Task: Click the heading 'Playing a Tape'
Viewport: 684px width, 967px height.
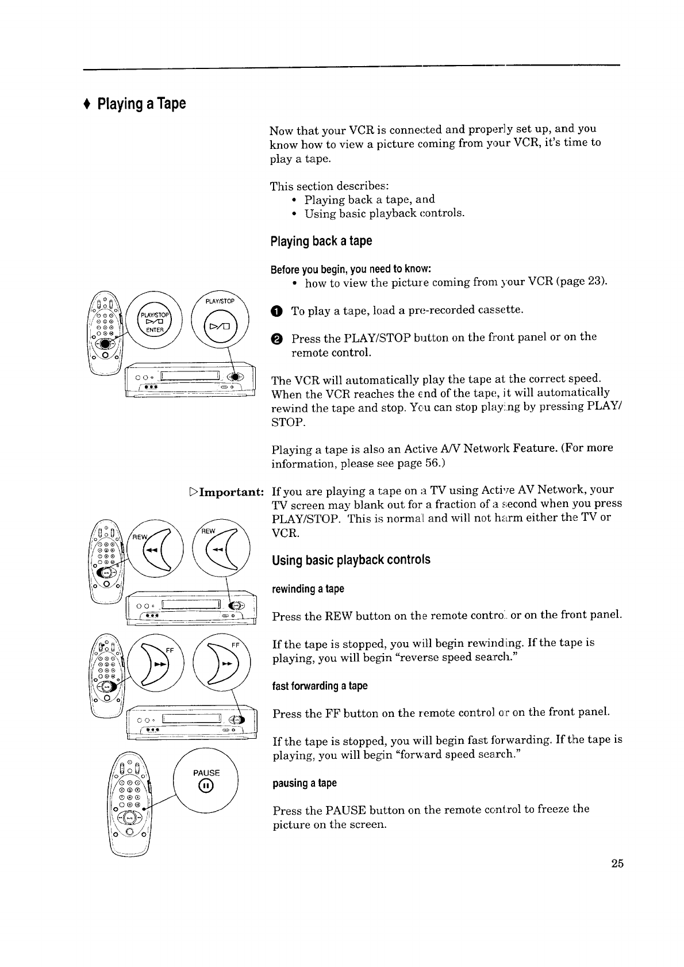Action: point(141,105)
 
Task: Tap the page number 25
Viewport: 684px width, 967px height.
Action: point(617,864)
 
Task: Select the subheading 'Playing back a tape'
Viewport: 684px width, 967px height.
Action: point(321,241)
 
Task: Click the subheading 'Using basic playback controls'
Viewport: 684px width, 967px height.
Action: point(351,560)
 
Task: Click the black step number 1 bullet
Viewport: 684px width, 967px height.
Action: point(277,312)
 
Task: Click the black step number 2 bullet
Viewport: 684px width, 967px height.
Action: point(277,339)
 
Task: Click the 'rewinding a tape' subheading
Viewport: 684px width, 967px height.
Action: point(308,589)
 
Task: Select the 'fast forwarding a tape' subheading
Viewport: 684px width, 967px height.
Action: point(320,686)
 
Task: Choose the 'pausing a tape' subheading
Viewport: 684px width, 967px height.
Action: point(304,784)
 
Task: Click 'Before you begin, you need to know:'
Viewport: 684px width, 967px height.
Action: point(351,270)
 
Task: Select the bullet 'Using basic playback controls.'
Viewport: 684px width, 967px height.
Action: point(384,214)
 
